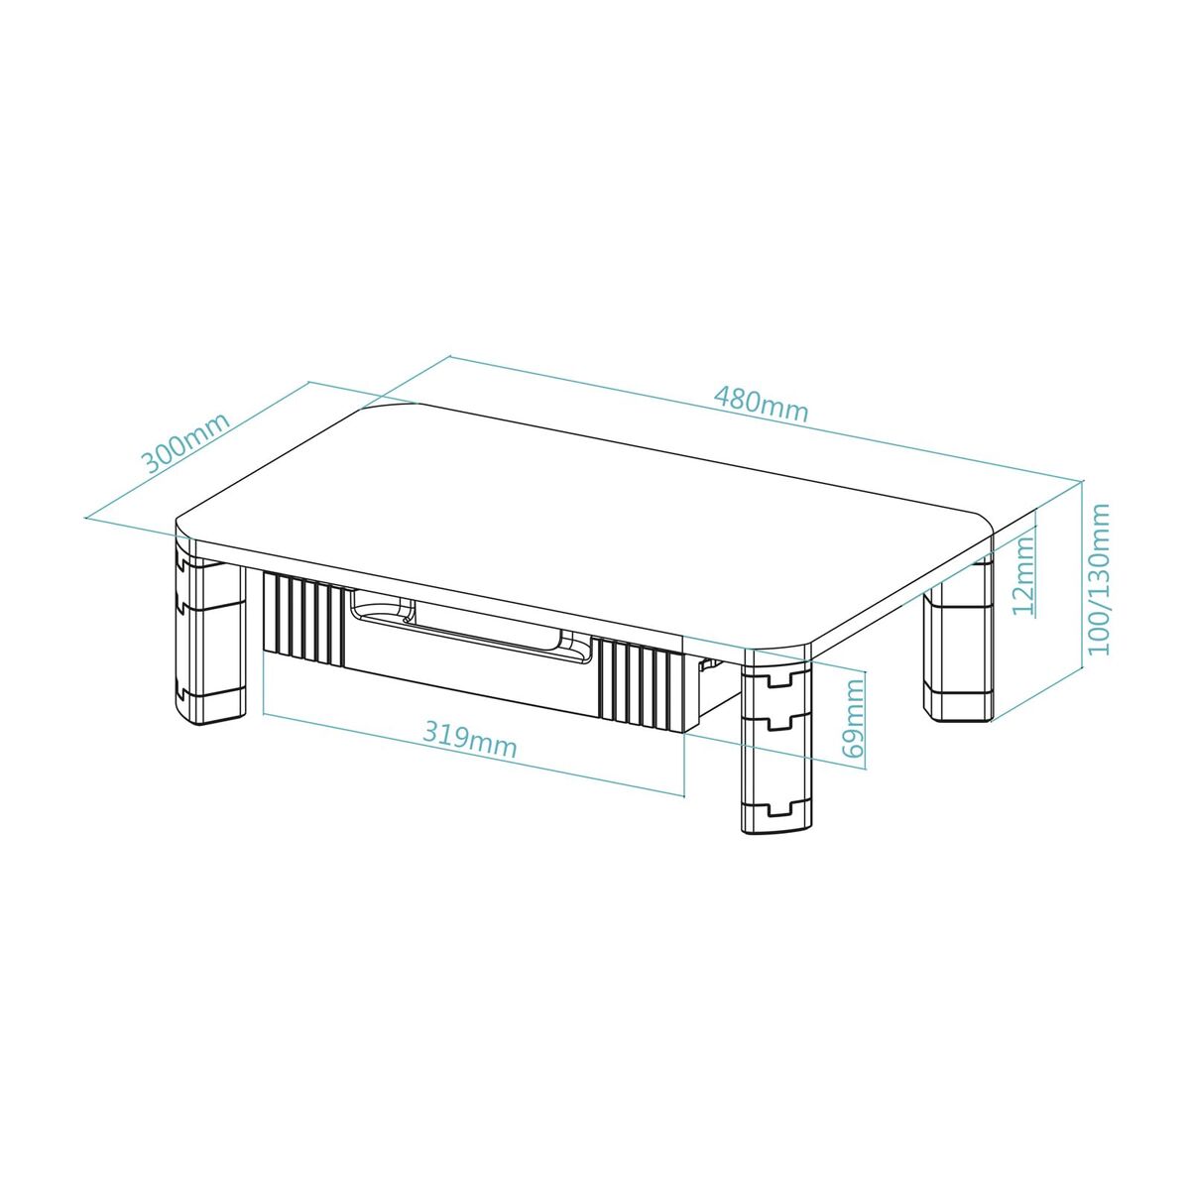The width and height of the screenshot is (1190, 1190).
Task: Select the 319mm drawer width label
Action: coord(470,738)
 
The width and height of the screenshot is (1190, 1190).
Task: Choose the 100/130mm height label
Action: coord(1099,579)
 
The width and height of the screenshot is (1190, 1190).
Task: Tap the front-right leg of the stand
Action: coord(775,744)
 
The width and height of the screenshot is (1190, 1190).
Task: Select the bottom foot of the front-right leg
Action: coord(775,819)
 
